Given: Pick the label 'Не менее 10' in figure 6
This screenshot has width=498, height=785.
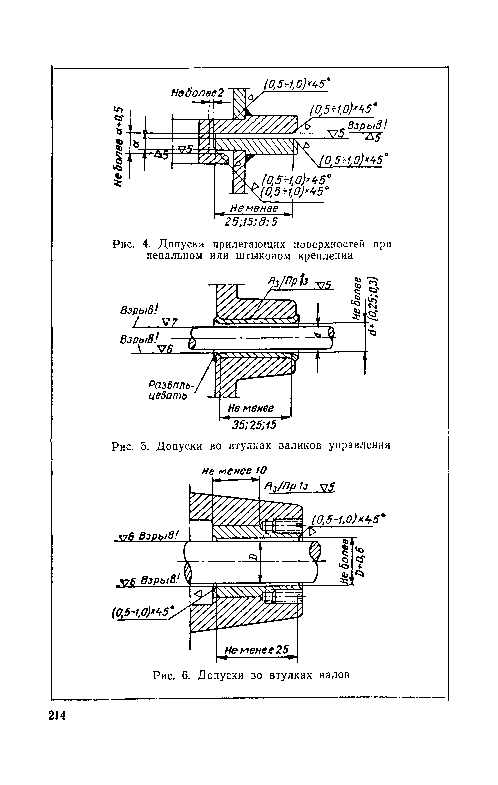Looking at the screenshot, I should (235, 471).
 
